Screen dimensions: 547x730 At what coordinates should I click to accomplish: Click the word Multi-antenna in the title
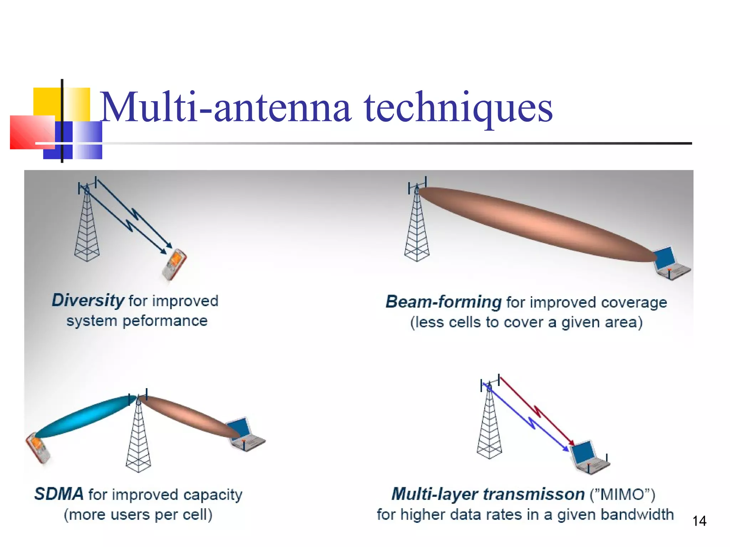pyautogui.click(x=225, y=107)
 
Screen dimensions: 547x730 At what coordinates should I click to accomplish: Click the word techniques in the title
pyautogui.click(x=458, y=107)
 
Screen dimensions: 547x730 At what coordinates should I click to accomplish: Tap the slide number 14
pyautogui.click(x=699, y=521)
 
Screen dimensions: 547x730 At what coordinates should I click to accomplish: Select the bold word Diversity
pyautogui.click(x=88, y=300)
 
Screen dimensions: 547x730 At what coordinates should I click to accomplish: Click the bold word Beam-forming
pyautogui.click(x=443, y=302)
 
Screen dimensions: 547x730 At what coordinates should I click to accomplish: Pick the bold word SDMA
pyautogui.click(x=59, y=494)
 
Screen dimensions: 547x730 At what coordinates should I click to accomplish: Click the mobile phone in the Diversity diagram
pyautogui.click(x=174, y=264)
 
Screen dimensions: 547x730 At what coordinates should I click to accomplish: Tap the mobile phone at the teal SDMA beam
pyautogui.click(x=38, y=448)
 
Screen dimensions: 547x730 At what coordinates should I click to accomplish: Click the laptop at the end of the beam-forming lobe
pyautogui.click(x=670, y=264)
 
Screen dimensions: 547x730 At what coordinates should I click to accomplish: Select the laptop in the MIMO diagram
pyautogui.click(x=588, y=458)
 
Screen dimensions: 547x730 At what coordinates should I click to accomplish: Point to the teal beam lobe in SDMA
pyautogui.click(x=84, y=417)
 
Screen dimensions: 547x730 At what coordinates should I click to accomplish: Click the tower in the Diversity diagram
pyautogui.click(x=87, y=228)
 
